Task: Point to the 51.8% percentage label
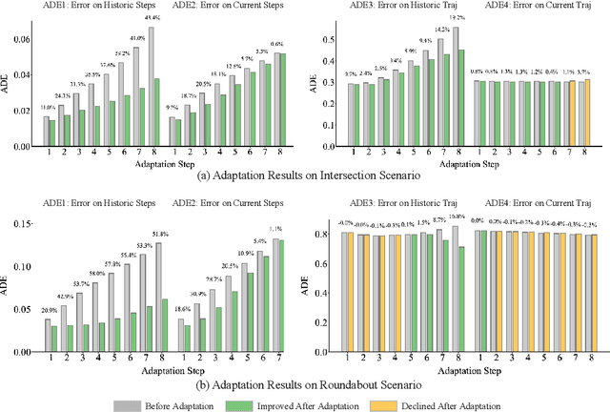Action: tap(159, 235)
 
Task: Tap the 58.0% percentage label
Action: tap(96, 274)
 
